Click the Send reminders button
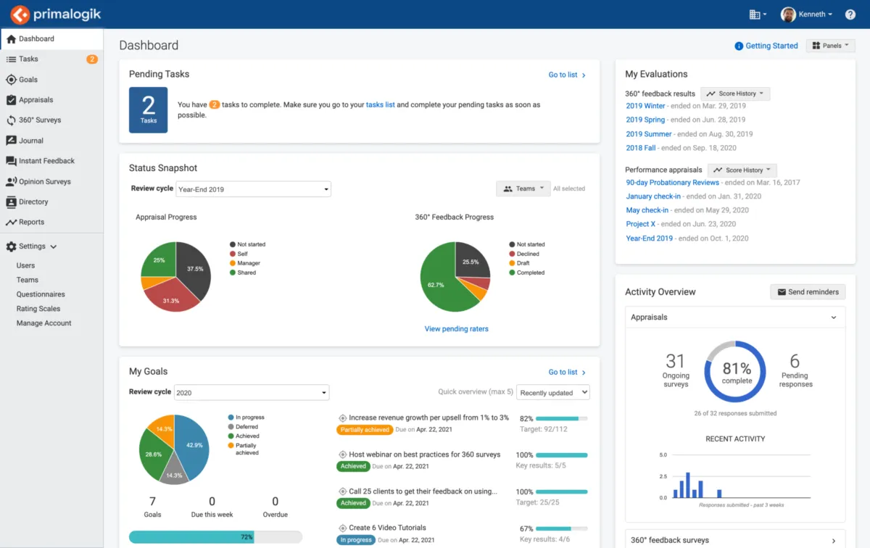[x=807, y=292]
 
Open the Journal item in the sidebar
[x=31, y=141]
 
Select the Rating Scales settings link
[x=38, y=309]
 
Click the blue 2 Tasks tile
[x=149, y=109]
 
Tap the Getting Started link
[x=771, y=46]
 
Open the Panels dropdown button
[x=831, y=46]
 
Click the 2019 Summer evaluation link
[x=649, y=134]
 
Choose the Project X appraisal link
[x=641, y=224]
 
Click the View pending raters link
[x=457, y=329]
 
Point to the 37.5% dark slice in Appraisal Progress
[x=192, y=268]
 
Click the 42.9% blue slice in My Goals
[x=191, y=442]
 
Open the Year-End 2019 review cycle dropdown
[x=252, y=189]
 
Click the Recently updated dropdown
[x=552, y=393]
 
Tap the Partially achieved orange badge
[x=365, y=430]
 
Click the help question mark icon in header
[x=850, y=14]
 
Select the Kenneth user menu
[x=807, y=14]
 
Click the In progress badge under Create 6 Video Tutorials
[x=355, y=540]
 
